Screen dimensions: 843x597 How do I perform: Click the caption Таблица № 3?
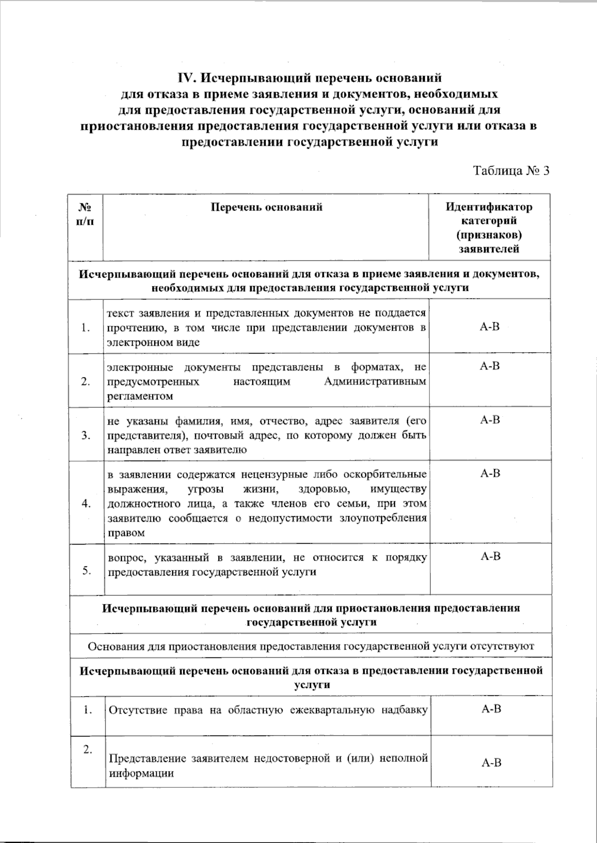point(511,171)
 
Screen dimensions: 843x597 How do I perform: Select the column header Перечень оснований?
point(266,207)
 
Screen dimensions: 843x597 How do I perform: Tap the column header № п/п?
point(86,214)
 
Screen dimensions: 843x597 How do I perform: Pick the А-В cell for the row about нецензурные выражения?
point(490,473)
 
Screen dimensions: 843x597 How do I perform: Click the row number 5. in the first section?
point(87,571)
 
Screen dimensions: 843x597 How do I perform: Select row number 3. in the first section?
point(87,436)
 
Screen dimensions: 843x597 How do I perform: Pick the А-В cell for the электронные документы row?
point(490,367)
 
